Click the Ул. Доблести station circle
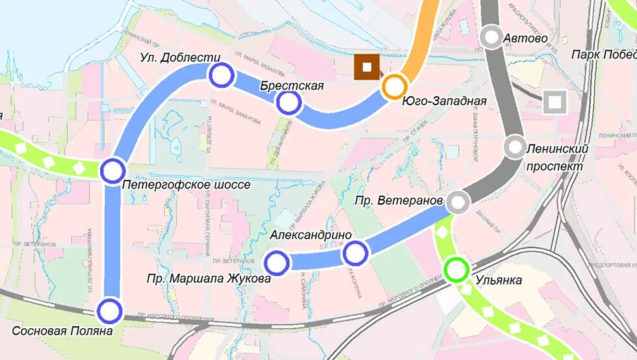point(222,75)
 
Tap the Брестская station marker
point(289,103)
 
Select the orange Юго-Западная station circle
point(394,86)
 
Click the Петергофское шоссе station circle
point(112,171)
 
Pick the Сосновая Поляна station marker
point(110,311)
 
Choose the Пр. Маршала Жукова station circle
point(277,263)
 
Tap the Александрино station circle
point(356,253)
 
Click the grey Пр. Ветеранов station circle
point(458,202)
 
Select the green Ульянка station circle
point(456,270)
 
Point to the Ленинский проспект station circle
point(515,148)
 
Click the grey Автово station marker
point(492,37)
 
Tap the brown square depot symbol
point(367,67)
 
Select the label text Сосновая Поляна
point(62,331)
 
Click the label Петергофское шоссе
point(186,185)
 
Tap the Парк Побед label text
point(603,55)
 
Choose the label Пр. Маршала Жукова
point(208,279)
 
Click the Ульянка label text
point(499,281)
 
